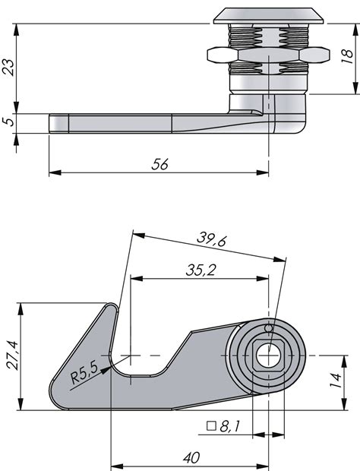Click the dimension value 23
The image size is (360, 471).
8,68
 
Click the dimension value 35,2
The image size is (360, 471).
198,269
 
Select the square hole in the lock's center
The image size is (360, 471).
268,355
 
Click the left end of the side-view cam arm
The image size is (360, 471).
52,123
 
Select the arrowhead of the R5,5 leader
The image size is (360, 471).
110,363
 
